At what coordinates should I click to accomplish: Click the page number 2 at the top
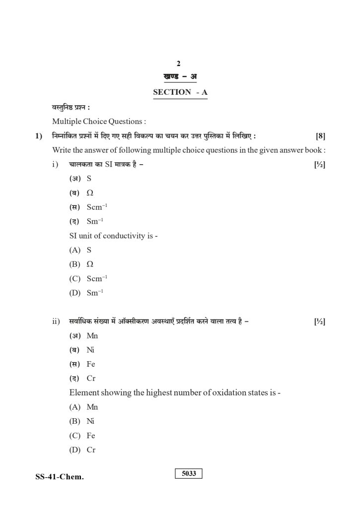tap(179, 63)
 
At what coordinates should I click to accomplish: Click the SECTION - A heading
tap(180, 92)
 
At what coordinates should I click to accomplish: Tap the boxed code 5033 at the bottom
tap(189, 474)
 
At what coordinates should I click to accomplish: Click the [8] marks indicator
tap(320, 136)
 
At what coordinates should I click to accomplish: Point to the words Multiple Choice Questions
tap(99, 121)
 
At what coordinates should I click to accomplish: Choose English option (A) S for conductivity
tap(80, 250)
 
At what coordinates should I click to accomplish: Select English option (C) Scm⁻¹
tap(88, 279)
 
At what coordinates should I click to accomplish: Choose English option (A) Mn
tap(84, 407)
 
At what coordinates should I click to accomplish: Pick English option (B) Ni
tap(82, 421)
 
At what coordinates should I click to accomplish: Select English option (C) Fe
tap(82, 436)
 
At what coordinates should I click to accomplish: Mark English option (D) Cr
tap(82, 450)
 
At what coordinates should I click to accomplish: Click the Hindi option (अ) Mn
tap(84, 335)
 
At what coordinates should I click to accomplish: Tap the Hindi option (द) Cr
tap(82, 378)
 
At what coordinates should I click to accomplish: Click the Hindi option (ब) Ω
tap(81, 193)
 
